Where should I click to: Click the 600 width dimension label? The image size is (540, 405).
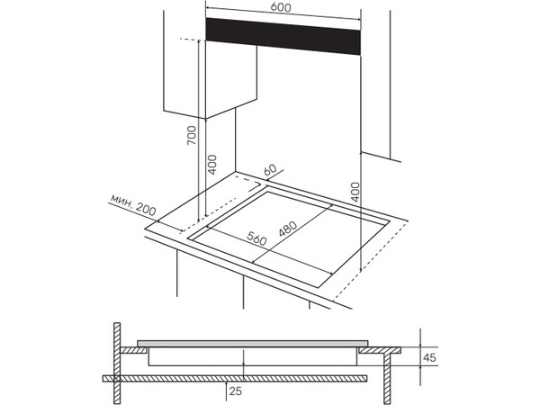[281, 7]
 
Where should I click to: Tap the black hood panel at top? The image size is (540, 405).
[283, 36]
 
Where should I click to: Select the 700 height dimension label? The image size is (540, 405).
[192, 135]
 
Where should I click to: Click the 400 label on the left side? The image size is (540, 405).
[212, 165]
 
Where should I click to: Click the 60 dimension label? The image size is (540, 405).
[270, 170]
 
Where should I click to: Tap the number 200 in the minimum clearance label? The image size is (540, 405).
[145, 210]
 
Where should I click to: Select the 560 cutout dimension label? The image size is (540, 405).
[256, 238]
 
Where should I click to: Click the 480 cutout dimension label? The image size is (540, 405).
[288, 229]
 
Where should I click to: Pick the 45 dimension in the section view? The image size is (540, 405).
[429, 357]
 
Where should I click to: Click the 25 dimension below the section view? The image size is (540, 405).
[236, 391]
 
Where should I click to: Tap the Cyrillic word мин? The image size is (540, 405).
[121, 200]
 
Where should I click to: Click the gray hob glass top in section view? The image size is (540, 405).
[253, 344]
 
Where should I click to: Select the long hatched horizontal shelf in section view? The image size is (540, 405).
[235, 379]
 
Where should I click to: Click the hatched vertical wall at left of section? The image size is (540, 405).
[117, 364]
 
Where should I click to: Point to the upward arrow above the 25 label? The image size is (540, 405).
[226, 389]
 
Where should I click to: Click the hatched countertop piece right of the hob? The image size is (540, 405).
[380, 350]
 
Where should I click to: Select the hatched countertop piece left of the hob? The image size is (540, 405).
[133, 350]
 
